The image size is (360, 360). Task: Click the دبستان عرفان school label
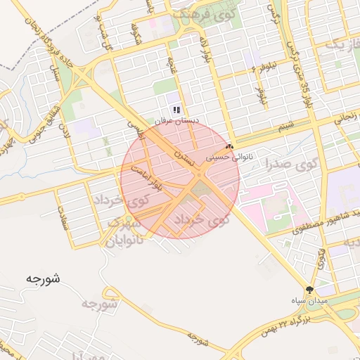click(x=177, y=121)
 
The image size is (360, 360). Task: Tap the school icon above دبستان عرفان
click(x=177, y=110)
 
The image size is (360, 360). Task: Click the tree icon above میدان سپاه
click(x=309, y=290)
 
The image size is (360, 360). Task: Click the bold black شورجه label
click(x=42, y=278)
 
